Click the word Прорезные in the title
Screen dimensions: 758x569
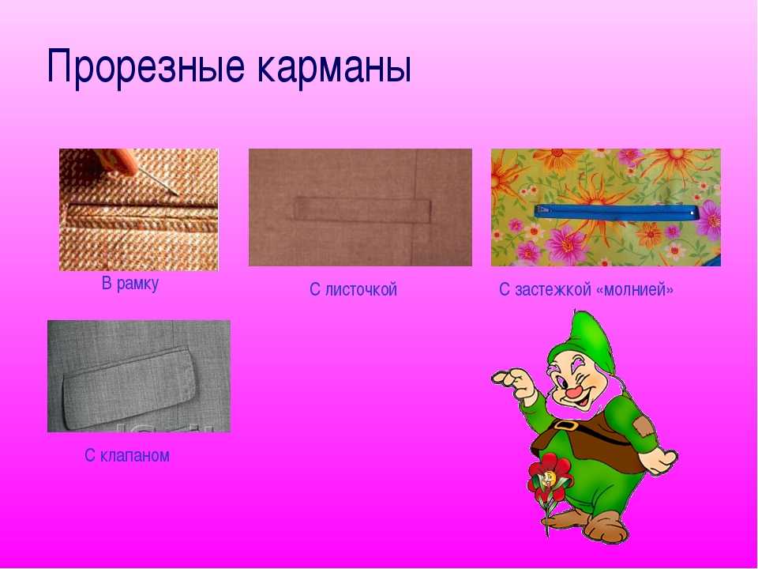pos(145,66)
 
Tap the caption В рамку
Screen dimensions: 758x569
pos(130,284)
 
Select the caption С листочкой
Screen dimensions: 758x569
pos(354,289)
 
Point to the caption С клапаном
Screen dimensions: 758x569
pos(127,455)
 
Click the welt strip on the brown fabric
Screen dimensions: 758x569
pos(362,210)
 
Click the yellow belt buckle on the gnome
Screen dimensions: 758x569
pos(563,425)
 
